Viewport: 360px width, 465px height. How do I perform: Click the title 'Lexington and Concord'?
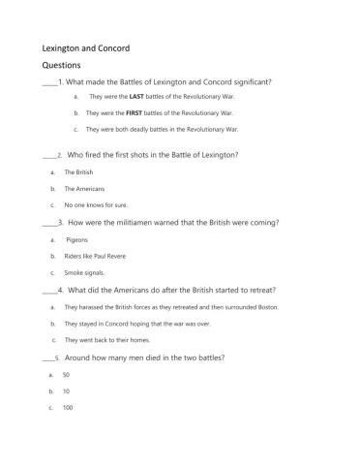pos(86,47)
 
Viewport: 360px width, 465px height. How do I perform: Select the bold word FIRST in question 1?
pos(134,113)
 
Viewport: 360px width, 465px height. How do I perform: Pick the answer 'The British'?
pos(78,171)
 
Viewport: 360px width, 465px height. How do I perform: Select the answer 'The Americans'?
pos(83,188)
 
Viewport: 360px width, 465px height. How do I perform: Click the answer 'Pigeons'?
pos(76,239)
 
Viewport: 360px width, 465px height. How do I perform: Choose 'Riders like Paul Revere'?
pos(95,256)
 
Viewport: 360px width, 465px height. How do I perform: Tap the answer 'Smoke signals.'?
pos(84,273)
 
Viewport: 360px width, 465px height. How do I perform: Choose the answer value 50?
pos(66,374)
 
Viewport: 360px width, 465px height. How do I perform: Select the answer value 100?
pos(67,408)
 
